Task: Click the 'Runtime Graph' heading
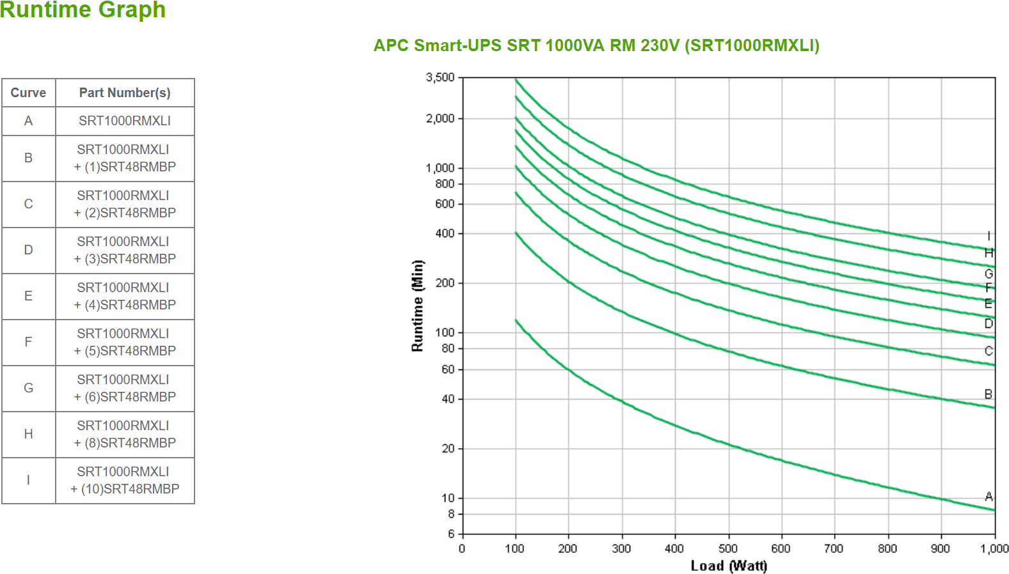tap(83, 10)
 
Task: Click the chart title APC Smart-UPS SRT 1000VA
tap(596, 45)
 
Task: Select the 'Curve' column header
tap(28, 93)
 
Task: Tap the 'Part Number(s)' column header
tap(125, 93)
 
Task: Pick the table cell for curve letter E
tap(28, 296)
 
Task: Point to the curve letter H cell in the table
tap(28, 434)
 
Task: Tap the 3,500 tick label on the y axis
tap(440, 77)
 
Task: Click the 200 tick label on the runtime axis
tap(445, 283)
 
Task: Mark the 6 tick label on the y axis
tap(451, 534)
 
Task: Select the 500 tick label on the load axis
tap(728, 548)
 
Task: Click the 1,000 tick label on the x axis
tap(994, 548)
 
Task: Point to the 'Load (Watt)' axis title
tap(729, 566)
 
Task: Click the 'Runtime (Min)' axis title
tap(417, 306)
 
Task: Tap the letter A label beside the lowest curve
tap(989, 496)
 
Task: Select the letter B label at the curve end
tap(989, 394)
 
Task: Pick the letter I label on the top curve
tap(989, 235)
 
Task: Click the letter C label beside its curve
tap(989, 351)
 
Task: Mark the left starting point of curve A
tap(516, 320)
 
